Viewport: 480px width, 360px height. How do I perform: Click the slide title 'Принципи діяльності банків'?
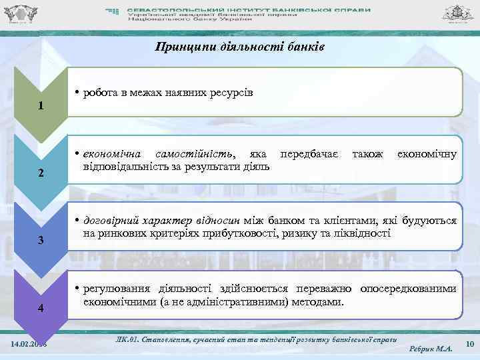pos(239,47)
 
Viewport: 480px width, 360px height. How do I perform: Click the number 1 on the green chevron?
pos(41,106)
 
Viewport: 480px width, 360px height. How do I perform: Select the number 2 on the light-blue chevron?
pos(41,173)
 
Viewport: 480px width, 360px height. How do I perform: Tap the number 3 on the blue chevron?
pos(41,240)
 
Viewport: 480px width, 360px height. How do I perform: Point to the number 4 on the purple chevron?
pos(41,308)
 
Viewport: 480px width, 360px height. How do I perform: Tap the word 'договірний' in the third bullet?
pos(111,221)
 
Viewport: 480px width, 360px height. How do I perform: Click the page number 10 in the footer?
pos(469,343)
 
